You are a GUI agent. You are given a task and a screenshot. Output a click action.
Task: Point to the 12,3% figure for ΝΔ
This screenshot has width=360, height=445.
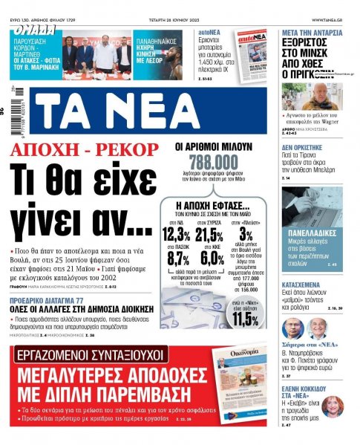tap(175, 235)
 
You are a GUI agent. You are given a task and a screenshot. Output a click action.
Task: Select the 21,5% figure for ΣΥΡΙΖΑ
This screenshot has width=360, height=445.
tap(209, 235)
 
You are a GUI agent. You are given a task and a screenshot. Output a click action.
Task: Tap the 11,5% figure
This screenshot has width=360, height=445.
tap(246, 319)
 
